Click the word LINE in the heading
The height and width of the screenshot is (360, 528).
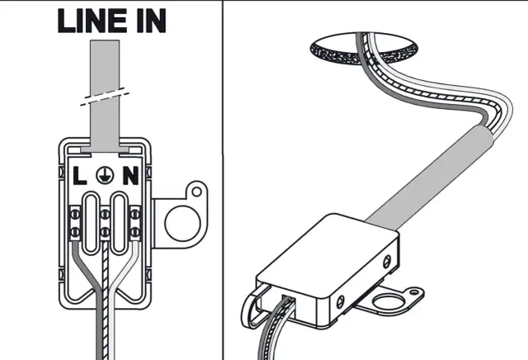[93, 21]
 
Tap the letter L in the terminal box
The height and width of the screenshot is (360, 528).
[80, 175]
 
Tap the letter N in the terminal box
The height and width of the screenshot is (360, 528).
[129, 175]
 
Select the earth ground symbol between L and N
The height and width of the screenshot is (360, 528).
[104, 175]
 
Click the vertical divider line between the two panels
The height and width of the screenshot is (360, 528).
[223, 180]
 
